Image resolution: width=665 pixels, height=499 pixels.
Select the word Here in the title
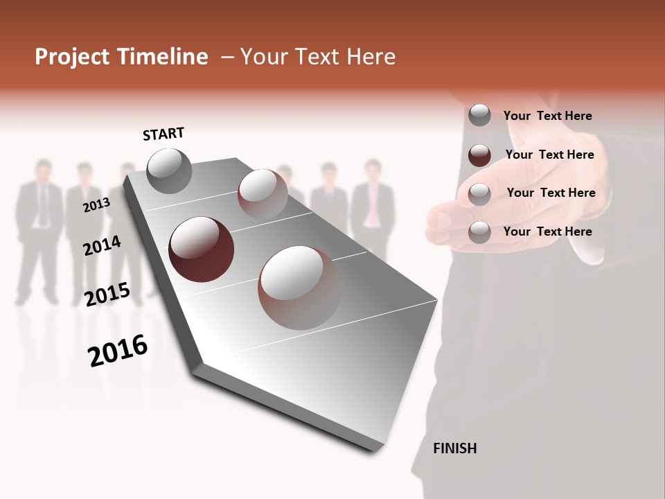(x=371, y=57)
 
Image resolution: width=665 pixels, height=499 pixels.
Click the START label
(x=163, y=134)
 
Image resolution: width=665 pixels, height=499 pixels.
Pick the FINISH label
(x=454, y=448)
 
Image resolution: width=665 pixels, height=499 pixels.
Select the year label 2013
(x=96, y=205)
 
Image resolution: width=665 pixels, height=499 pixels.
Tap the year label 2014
(x=102, y=245)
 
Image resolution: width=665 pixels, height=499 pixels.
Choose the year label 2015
(x=107, y=295)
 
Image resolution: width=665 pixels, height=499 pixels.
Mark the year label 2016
(x=118, y=350)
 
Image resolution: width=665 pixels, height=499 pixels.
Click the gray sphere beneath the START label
(x=169, y=170)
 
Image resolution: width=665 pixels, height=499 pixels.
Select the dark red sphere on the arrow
(x=202, y=249)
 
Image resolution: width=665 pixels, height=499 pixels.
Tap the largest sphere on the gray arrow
(x=299, y=287)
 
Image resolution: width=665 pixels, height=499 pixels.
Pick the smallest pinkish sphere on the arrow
(x=263, y=193)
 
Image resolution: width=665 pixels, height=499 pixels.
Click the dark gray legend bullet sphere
(x=479, y=116)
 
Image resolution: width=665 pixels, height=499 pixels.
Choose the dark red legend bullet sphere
(x=479, y=155)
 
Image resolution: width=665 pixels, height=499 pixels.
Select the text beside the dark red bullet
(x=549, y=155)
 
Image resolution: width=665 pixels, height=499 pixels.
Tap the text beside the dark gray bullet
(x=547, y=116)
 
